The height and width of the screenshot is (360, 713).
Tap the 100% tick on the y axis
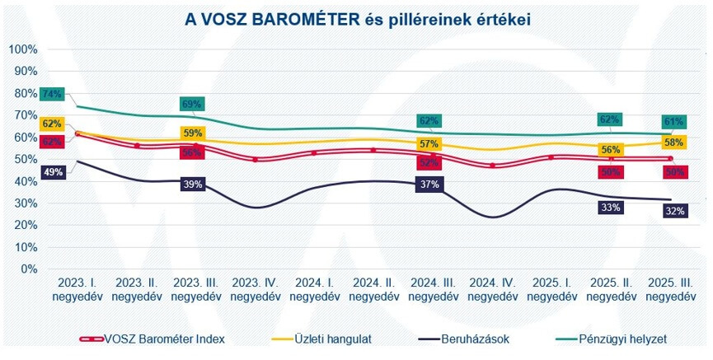[x=23, y=49]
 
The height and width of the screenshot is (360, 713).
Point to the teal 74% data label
[x=51, y=94]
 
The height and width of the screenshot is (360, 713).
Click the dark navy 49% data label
[x=51, y=172]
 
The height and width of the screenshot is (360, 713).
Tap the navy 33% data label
[x=610, y=208]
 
